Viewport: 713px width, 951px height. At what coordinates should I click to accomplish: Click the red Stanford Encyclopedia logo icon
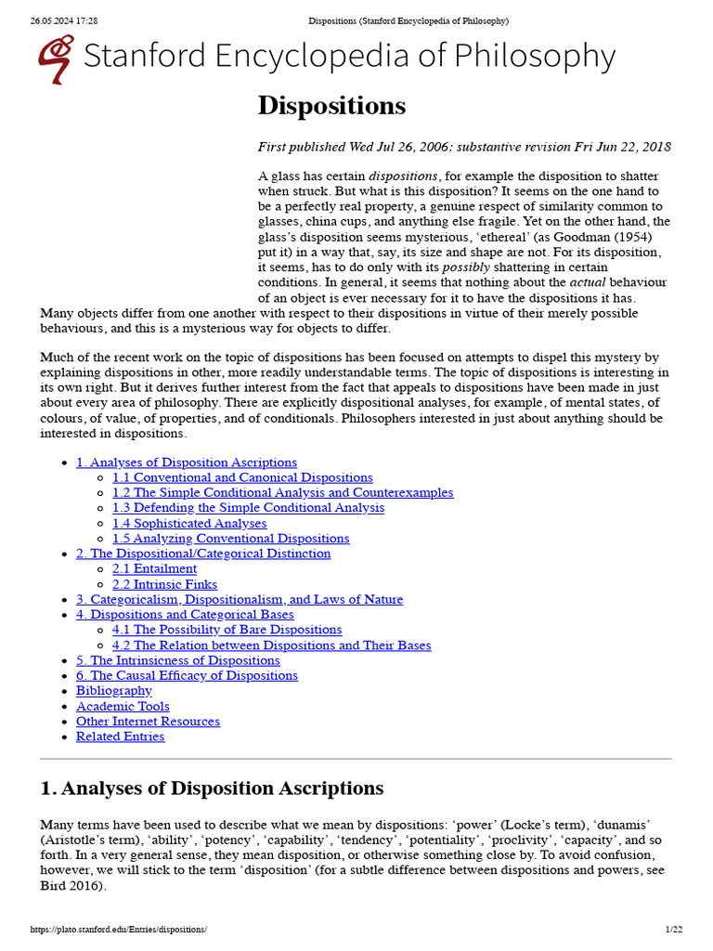tap(56, 59)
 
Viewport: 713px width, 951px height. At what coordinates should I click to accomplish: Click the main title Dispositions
tap(331, 106)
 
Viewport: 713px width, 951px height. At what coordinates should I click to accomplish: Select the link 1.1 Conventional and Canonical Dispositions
tap(242, 477)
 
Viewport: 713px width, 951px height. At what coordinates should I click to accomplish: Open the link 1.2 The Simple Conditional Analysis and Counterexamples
tap(282, 492)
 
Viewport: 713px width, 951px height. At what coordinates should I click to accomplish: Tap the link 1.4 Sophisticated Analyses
tap(189, 523)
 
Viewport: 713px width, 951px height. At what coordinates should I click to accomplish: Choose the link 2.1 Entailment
tap(154, 568)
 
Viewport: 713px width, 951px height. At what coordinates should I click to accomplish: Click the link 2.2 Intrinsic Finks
tap(164, 584)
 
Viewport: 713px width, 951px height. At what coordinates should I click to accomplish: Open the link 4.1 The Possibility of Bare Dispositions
tap(227, 630)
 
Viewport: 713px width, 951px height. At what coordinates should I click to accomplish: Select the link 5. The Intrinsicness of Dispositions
tap(177, 660)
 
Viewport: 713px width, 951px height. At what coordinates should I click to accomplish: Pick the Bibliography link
tap(113, 691)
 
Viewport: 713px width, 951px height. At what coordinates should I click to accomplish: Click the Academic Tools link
tap(123, 706)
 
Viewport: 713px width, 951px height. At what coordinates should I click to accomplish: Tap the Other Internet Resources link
tap(148, 722)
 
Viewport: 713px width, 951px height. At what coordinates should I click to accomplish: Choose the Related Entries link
tap(120, 736)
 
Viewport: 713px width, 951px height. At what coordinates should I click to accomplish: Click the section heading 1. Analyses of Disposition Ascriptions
tap(212, 788)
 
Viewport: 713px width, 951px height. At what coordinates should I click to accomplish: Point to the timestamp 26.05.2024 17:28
tap(64, 20)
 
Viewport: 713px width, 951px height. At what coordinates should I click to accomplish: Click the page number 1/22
tap(674, 930)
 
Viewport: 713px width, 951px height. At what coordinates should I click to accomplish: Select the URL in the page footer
tap(119, 930)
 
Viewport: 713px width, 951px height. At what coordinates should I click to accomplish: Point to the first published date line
tap(464, 147)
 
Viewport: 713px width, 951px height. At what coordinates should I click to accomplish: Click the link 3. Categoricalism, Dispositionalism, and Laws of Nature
tap(240, 599)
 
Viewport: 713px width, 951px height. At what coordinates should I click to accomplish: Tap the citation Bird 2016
tap(71, 885)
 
